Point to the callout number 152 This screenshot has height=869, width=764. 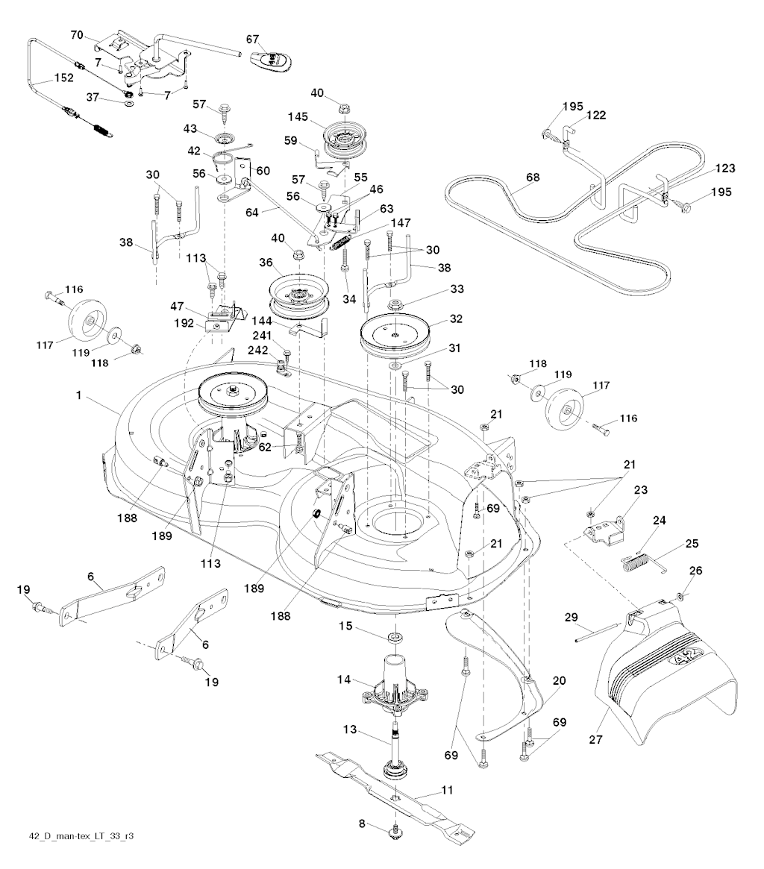64,77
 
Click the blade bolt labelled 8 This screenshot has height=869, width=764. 394,837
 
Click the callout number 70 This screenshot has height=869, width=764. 76,34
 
